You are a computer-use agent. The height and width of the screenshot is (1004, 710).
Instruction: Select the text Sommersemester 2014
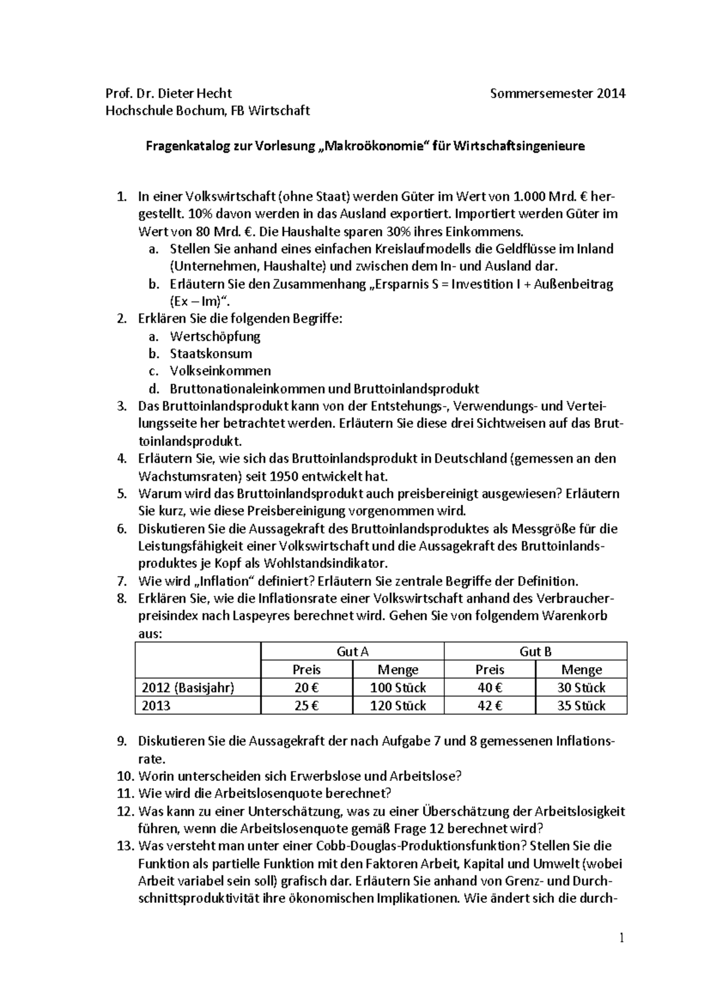pyautogui.click(x=558, y=93)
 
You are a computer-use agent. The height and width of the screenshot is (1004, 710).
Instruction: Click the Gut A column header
pyautogui.click(x=352, y=651)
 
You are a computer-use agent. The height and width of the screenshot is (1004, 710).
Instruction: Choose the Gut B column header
pyautogui.click(x=535, y=651)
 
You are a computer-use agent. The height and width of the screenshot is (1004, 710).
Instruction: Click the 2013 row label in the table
pyautogui.click(x=156, y=705)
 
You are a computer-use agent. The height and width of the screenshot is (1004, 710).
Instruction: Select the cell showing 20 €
pyautogui.click(x=306, y=687)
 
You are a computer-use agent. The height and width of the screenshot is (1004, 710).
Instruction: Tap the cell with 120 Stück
pyautogui.click(x=398, y=705)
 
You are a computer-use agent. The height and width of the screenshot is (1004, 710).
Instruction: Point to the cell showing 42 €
pyautogui.click(x=489, y=705)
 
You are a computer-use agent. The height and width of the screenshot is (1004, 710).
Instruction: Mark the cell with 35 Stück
pyautogui.click(x=581, y=705)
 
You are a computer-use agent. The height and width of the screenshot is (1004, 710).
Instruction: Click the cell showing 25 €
pyautogui.click(x=306, y=705)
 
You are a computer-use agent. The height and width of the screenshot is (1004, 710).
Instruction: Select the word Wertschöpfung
pyautogui.click(x=215, y=336)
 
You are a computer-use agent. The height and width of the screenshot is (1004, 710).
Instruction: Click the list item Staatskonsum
pyautogui.click(x=211, y=353)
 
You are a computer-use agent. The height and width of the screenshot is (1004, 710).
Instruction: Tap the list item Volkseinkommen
pyautogui.click(x=220, y=371)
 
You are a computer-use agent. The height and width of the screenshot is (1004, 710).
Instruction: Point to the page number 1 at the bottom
pyautogui.click(x=622, y=938)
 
